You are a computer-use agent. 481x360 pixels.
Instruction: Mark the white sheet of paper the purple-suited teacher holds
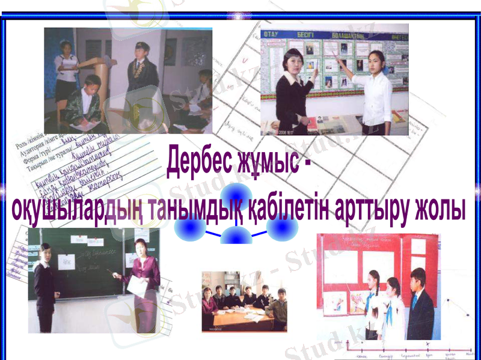pyautogui.click(x=136, y=287)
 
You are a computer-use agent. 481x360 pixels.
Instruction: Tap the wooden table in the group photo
pyautogui.click(x=240, y=317)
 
